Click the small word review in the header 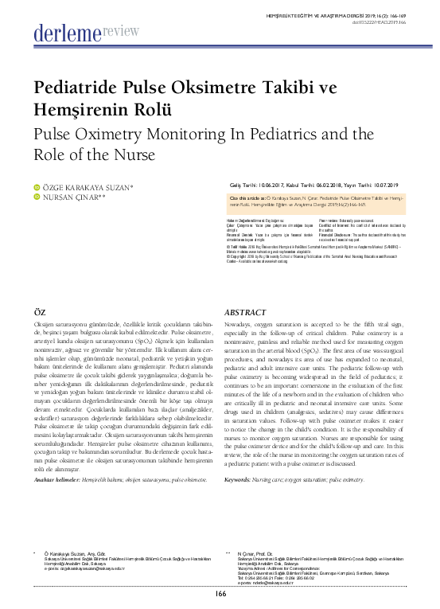121,29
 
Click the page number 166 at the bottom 220,593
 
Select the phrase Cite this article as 248,195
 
